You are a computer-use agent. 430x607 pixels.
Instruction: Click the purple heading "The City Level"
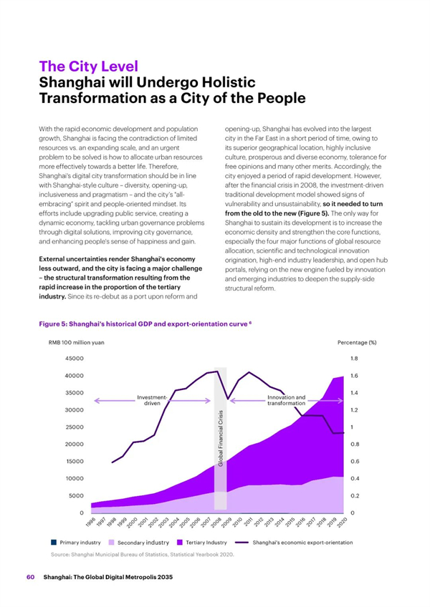[88, 66]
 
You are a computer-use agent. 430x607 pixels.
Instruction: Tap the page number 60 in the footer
[31, 577]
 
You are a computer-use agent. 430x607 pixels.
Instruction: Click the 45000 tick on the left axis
[74, 359]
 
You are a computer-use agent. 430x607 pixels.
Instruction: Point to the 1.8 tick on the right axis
[354, 359]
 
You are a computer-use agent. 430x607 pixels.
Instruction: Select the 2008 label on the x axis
[216, 523]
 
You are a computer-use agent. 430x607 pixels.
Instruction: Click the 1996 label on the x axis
[90, 523]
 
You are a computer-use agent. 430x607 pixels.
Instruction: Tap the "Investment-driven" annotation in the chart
[152, 400]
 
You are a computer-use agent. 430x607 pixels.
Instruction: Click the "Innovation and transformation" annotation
[287, 400]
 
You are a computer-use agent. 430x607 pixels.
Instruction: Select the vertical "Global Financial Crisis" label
[221, 438]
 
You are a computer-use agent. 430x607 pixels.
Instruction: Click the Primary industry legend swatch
[54, 543]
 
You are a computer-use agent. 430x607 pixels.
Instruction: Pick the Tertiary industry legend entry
[201, 543]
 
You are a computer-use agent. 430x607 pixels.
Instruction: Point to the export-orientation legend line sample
[242, 543]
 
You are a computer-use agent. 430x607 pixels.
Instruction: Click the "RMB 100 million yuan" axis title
[77, 343]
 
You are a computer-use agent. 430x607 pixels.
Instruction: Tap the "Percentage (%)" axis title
[357, 343]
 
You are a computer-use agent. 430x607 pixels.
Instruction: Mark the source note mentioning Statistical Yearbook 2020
[143, 554]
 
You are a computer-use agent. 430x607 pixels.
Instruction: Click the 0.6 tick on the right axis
[355, 462]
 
